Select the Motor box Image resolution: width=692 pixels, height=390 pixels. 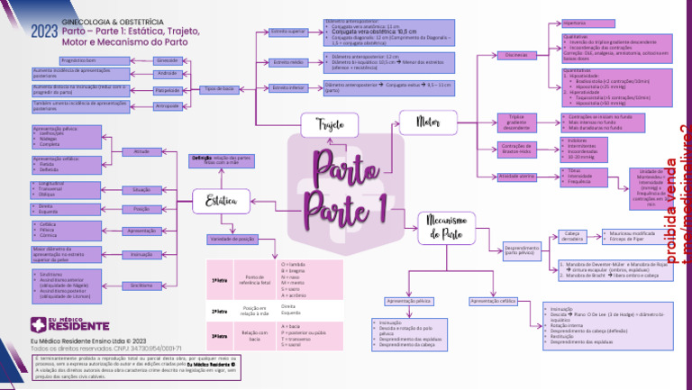point(429,122)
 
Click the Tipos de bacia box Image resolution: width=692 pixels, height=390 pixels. point(220,89)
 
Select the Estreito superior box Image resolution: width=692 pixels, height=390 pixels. point(289,32)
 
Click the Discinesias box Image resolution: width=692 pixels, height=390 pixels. point(517,56)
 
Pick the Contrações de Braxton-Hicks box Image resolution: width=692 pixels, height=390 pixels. point(517,149)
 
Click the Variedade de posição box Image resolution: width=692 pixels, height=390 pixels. point(233,240)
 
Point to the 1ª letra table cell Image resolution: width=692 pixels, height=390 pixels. point(219,281)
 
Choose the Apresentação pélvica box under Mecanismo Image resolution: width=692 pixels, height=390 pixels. point(406,300)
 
